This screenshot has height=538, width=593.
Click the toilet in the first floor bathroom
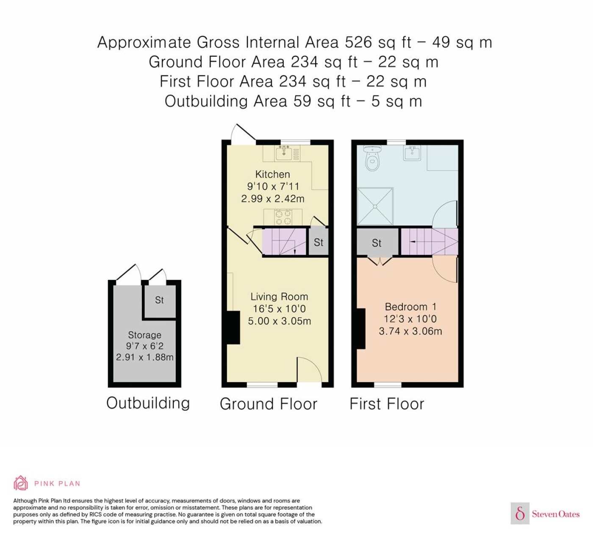(x=372, y=158)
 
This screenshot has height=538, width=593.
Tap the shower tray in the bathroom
(x=375, y=206)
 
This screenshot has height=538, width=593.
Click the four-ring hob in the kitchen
(x=283, y=217)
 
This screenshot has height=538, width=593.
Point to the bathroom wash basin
(x=412, y=153)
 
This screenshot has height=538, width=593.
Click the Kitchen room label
(x=272, y=174)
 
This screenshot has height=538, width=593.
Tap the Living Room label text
(x=280, y=297)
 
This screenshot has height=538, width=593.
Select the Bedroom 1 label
(x=410, y=307)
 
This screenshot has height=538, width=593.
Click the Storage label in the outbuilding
(x=144, y=335)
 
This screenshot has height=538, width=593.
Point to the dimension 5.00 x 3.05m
(x=280, y=321)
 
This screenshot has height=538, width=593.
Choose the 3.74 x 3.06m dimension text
(x=410, y=331)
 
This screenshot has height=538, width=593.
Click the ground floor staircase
(x=284, y=241)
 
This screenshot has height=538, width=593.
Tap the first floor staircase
(x=429, y=241)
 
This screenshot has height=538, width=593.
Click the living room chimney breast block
(x=233, y=327)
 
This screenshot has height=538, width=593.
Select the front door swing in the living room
(x=310, y=369)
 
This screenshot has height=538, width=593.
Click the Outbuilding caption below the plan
(x=148, y=403)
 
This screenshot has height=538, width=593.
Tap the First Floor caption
(x=387, y=404)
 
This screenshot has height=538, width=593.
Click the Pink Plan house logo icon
(x=21, y=483)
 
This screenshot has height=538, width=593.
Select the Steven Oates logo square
(x=520, y=513)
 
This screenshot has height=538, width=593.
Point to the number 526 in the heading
(x=358, y=42)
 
